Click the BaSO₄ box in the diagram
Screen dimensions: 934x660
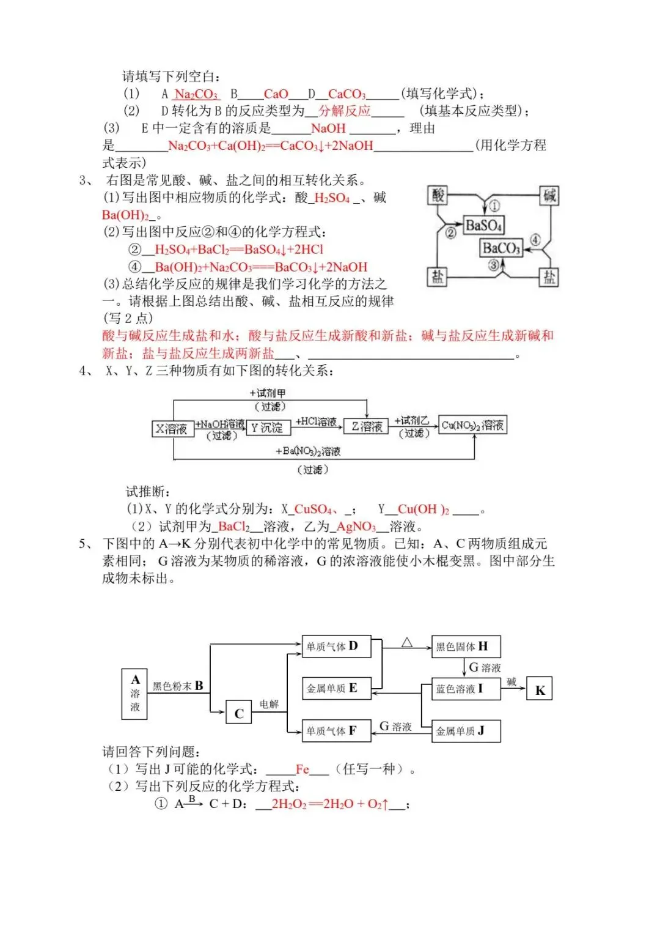coord(484,225)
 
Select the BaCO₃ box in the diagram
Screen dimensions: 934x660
coord(501,248)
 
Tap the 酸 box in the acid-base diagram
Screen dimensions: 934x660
coord(438,195)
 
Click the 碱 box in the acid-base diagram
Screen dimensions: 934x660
coord(549,195)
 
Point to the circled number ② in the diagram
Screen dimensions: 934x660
coord(451,232)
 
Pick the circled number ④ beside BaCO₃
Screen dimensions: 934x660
coord(535,240)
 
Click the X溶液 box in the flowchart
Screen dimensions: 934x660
coord(172,428)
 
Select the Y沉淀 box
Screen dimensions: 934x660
coord(268,428)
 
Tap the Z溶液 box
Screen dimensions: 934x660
coord(367,426)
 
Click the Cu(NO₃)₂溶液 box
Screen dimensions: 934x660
coord(473,425)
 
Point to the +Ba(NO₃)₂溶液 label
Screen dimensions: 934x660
coord(308,451)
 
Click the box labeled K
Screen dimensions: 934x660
coord(540,690)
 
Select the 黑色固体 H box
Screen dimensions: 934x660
coord(466,647)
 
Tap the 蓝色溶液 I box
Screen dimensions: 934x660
coord(466,689)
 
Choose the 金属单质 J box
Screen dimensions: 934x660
coord(466,731)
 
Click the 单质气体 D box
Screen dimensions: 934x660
coord(336,647)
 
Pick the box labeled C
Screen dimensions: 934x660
coord(239,713)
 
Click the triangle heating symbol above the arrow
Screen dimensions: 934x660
coord(407,643)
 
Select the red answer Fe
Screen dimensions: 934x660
coord(302,769)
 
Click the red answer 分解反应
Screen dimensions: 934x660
coord(345,111)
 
